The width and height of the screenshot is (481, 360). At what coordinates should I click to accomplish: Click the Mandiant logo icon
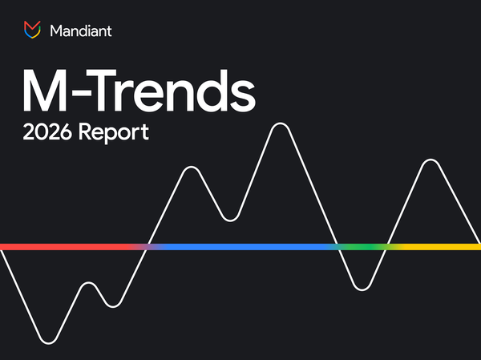pos(31,30)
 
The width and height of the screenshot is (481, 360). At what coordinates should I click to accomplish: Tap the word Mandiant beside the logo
pos(80,31)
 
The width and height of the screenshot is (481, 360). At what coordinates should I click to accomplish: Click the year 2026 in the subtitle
pos(46,132)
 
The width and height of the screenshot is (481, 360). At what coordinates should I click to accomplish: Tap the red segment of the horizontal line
pos(64,247)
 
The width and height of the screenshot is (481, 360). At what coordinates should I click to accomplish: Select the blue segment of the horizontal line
pos(240,247)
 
